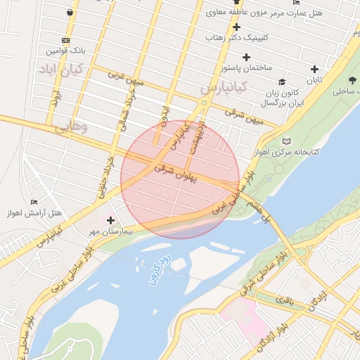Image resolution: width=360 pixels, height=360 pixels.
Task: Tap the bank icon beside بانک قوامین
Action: (65, 41)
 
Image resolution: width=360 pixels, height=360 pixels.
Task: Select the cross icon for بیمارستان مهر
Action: (110, 221)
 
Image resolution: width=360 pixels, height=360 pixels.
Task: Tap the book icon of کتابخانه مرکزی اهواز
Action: (285, 141)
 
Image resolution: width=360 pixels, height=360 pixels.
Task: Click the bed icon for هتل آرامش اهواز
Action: (34, 202)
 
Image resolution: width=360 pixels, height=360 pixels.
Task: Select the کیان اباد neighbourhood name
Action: (62, 69)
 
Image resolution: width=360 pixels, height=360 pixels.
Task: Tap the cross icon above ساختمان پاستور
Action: (246, 57)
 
